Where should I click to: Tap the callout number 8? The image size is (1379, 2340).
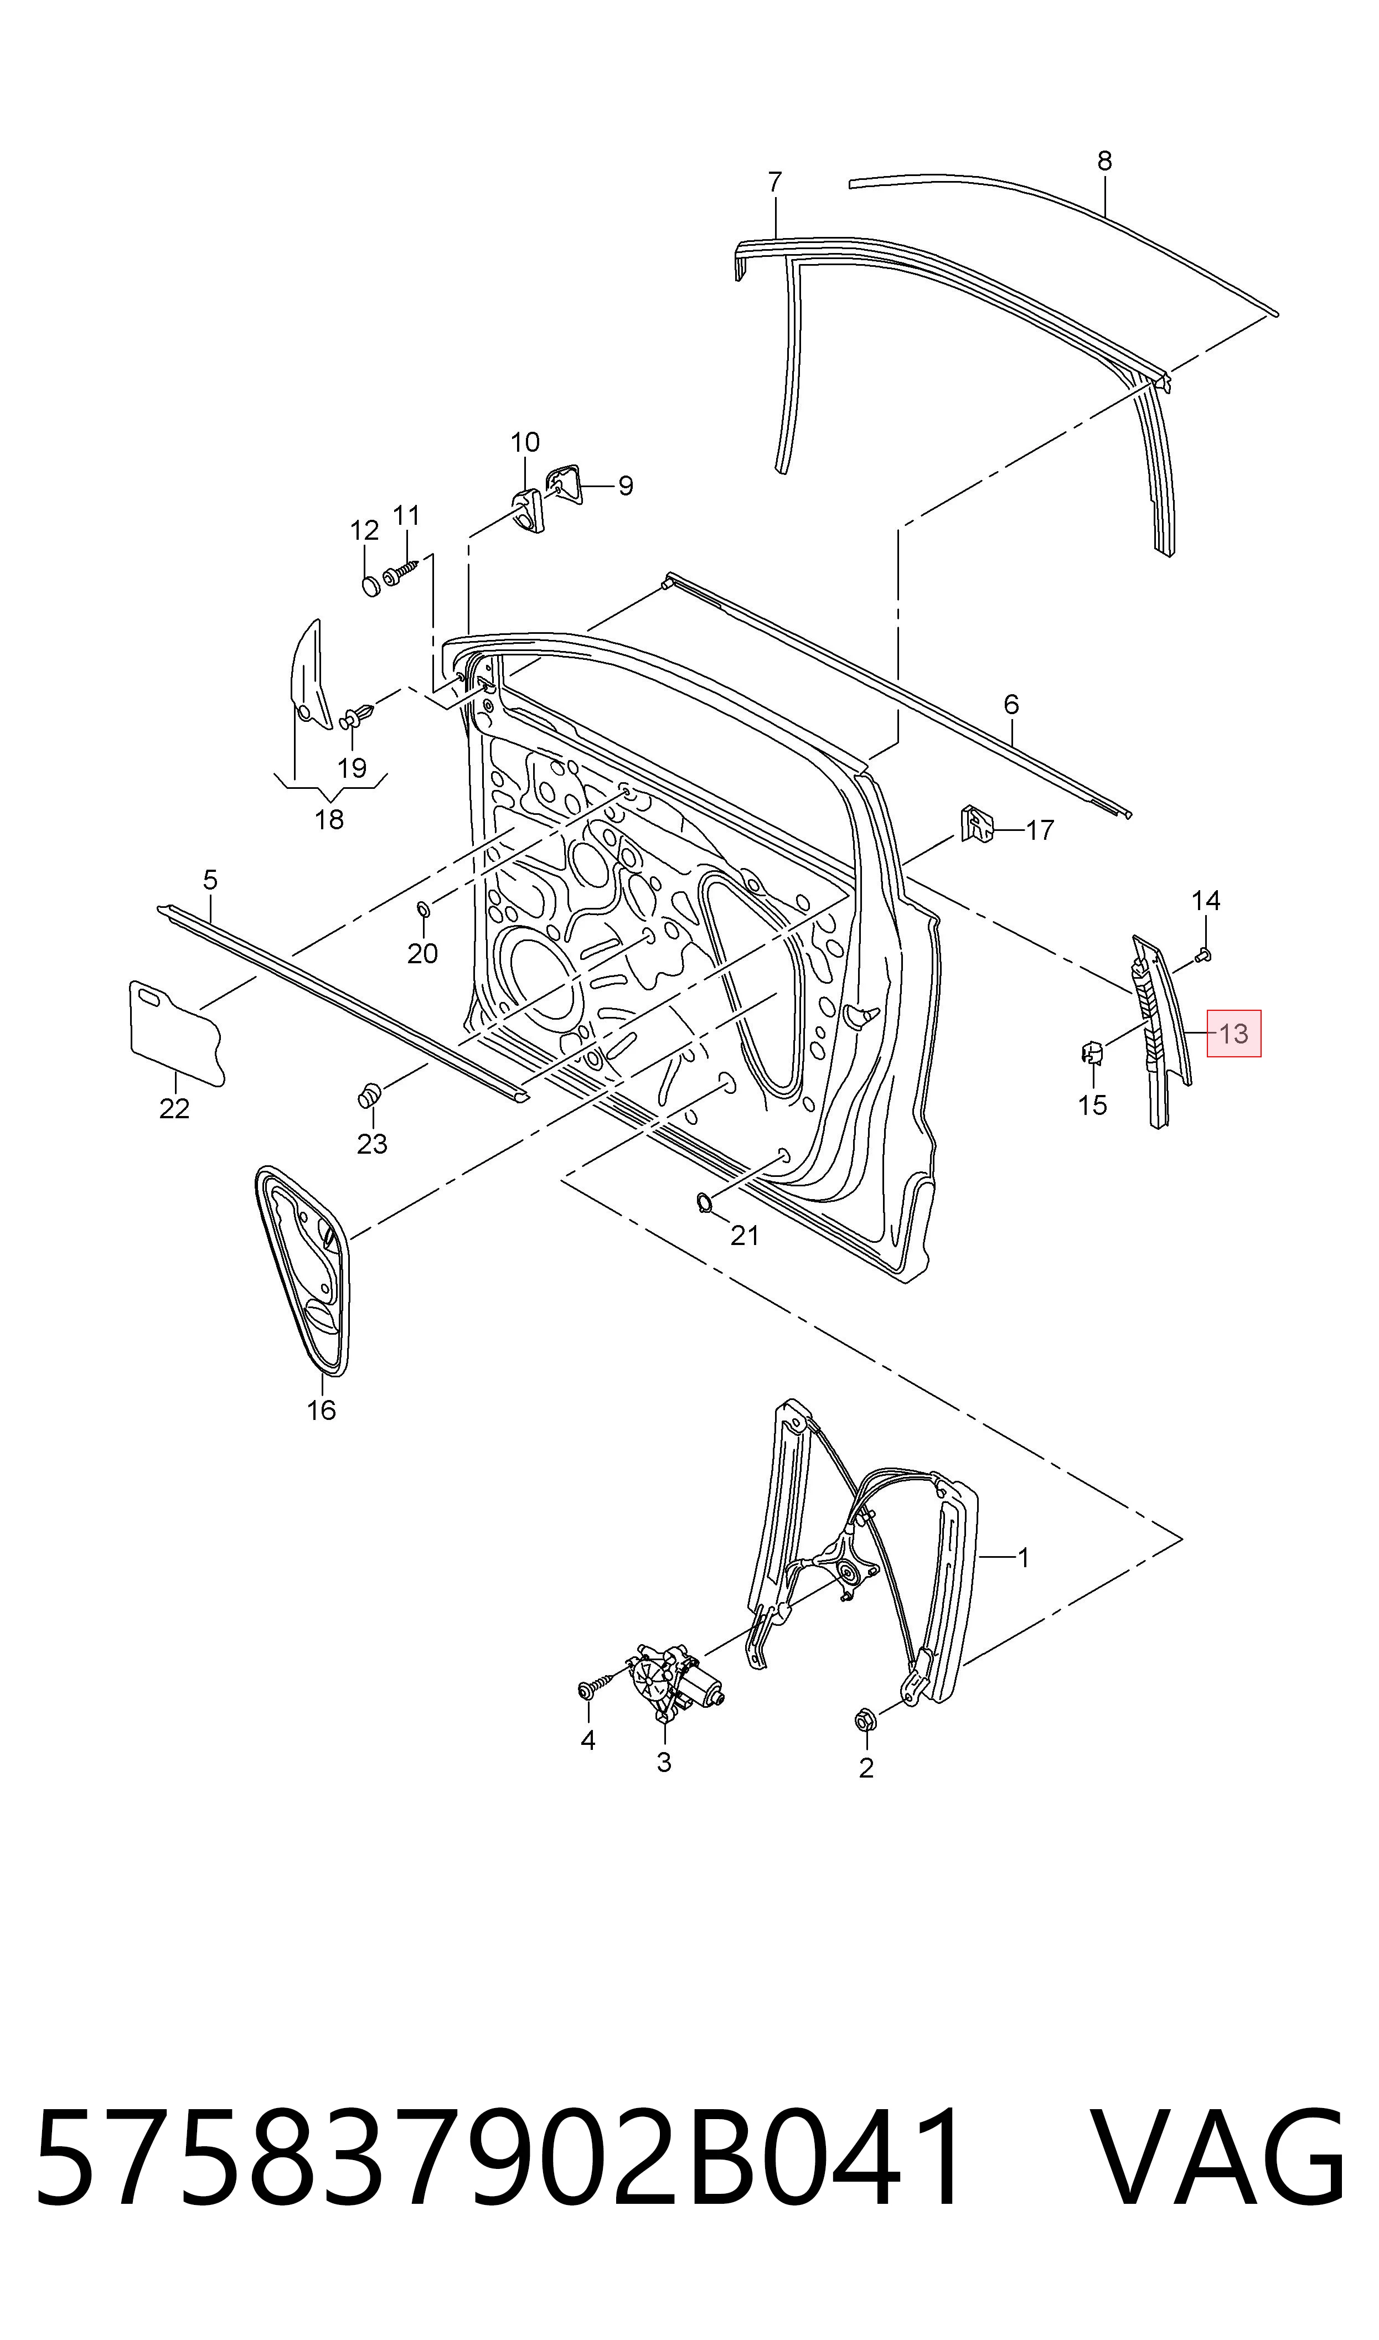[x=1104, y=161]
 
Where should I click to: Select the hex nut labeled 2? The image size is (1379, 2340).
[x=862, y=1721]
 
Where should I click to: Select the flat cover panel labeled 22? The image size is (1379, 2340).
[x=175, y=1032]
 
